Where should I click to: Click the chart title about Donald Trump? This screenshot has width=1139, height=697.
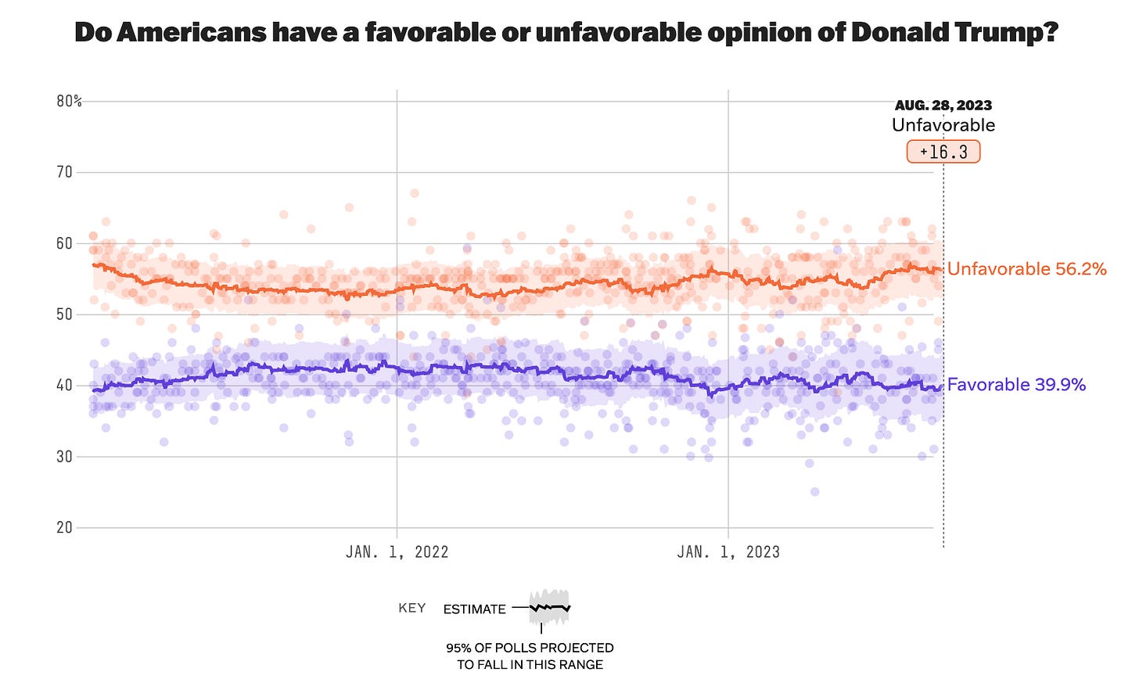(x=566, y=32)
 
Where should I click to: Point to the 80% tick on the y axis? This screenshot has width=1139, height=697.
(x=69, y=101)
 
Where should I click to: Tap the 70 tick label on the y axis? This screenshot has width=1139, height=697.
(x=64, y=172)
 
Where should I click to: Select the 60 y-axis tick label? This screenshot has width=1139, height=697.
(x=64, y=243)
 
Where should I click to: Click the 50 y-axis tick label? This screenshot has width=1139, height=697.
(x=64, y=314)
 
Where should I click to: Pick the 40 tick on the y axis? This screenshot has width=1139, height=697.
(x=64, y=385)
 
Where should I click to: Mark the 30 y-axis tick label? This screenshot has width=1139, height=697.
(x=64, y=456)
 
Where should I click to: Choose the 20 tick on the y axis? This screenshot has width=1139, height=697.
(x=64, y=527)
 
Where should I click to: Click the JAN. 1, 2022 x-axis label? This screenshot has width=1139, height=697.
(x=397, y=552)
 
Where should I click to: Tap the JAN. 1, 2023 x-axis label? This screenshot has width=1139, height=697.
(x=728, y=552)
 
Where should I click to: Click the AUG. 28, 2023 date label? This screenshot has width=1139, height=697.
(x=943, y=105)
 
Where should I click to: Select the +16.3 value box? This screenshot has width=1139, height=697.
(x=943, y=152)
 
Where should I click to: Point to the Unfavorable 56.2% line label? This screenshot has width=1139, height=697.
(x=1026, y=269)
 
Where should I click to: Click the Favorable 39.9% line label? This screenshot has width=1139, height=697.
(x=1016, y=384)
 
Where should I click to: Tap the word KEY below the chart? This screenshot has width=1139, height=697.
(x=411, y=608)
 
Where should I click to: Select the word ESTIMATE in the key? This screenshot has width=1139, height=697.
(x=474, y=609)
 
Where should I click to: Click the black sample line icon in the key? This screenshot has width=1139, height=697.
(x=550, y=607)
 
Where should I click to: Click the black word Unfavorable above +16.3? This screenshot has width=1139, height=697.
(x=943, y=125)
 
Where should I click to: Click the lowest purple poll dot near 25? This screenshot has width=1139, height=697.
(x=814, y=492)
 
